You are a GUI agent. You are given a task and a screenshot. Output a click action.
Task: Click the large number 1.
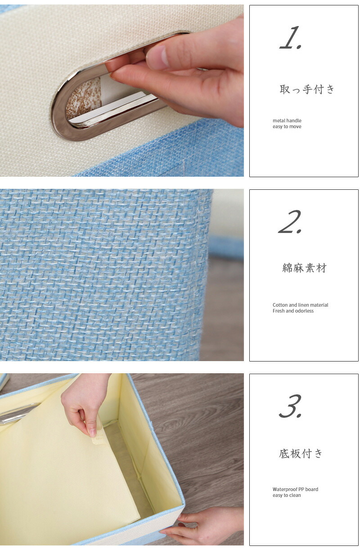tap(291, 37)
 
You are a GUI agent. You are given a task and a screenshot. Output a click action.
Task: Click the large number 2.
tap(290, 222)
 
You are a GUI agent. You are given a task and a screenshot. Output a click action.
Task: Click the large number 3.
tap(290, 406)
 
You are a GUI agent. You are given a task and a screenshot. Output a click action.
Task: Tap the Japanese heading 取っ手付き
tap(307, 89)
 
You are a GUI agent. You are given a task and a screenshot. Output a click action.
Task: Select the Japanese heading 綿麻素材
tap(304, 268)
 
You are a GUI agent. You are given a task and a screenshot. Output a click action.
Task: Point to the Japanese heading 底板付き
tap(301, 454)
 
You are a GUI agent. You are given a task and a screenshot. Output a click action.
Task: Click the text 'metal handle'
tap(287, 121)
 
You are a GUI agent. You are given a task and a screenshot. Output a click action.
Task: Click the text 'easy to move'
tap(287, 127)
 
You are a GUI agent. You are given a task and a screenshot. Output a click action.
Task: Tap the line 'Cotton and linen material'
tap(300, 305)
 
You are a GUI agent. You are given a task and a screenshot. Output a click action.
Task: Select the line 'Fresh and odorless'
tap(293, 311)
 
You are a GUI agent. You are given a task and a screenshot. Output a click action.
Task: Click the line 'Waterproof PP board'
tap(295, 489)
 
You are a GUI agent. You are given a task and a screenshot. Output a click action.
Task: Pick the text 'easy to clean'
tap(287, 495)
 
